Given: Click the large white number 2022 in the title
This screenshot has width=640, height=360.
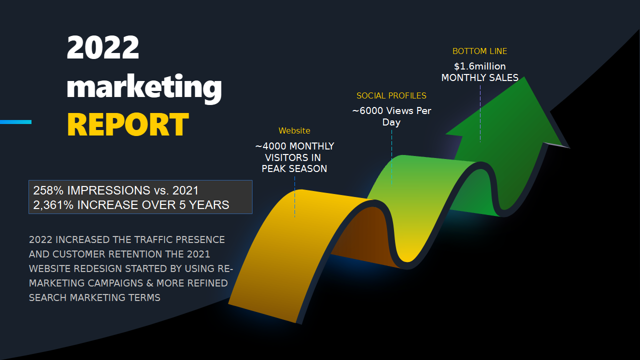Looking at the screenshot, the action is coord(103,47).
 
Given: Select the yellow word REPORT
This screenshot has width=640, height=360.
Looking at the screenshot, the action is coord(128,124).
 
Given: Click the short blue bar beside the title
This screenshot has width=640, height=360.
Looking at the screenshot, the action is coord(15,122).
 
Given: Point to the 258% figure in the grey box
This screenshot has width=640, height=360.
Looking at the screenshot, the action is coord(48,190).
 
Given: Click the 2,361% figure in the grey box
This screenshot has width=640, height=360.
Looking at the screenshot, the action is coord(53,205).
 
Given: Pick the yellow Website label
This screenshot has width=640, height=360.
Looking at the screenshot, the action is coord(294,130).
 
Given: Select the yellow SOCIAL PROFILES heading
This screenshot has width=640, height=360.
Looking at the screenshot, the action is coord(391,95).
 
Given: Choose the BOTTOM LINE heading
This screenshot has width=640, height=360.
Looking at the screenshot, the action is coord(479,51).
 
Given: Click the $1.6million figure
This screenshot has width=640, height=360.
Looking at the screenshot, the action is coord(480,66).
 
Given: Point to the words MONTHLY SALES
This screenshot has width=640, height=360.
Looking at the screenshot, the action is coord(480,77).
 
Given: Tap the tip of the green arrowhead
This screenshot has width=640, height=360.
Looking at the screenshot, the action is coord(524,77).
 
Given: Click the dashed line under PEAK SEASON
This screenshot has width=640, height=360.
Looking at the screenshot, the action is coord(295,197).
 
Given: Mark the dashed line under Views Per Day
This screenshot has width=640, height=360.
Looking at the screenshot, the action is coord(391,157).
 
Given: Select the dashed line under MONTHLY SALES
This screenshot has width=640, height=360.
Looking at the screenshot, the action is coord(480,113).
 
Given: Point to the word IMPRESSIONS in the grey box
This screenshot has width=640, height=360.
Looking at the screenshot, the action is coord(108,190).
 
